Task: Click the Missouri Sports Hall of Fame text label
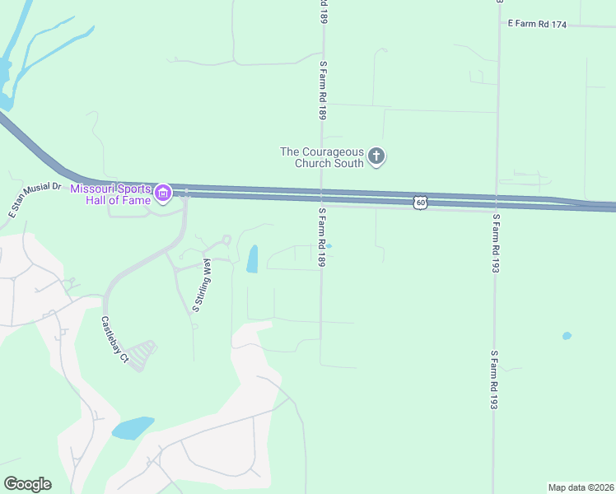point(111,193)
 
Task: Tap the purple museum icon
point(163,193)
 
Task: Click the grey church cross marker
point(376,156)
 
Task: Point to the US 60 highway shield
point(421,202)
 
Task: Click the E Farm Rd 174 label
point(537,25)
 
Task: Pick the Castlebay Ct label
point(115,339)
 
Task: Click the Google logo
point(28,484)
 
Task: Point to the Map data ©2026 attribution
point(580,487)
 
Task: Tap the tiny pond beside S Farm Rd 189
point(329,245)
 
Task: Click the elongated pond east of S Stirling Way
point(252,259)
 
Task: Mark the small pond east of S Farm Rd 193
point(566,336)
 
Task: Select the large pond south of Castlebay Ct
point(133,428)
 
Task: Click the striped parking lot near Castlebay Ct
point(143,354)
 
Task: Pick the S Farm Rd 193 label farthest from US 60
point(494,379)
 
